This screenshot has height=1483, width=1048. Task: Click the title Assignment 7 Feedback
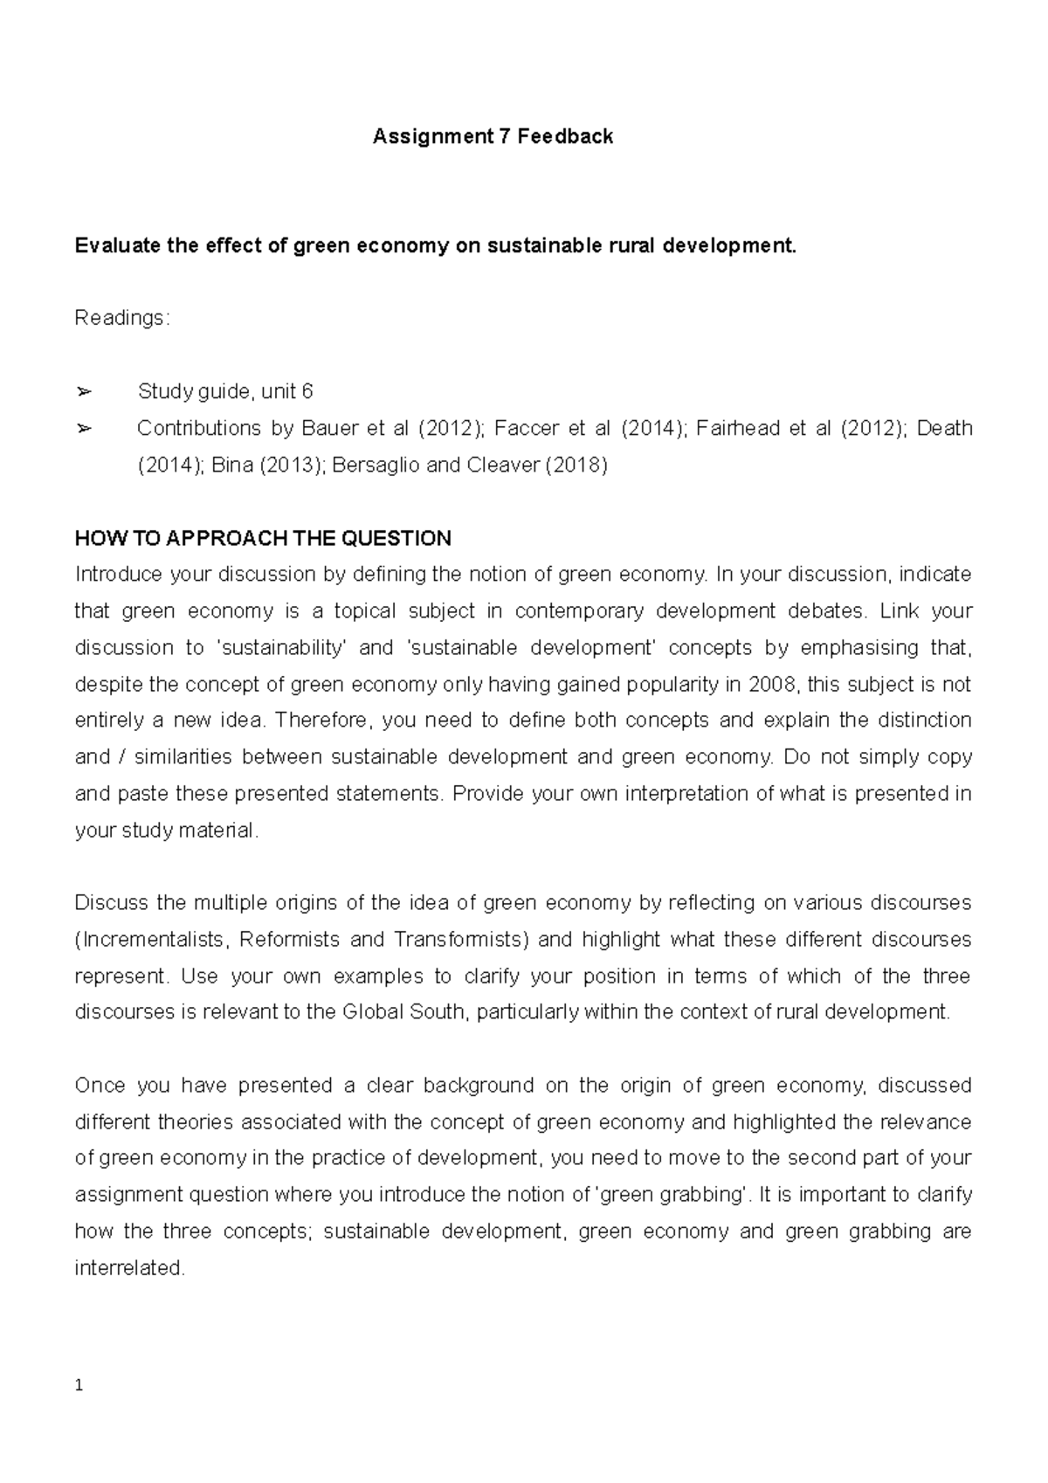(x=493, y=136)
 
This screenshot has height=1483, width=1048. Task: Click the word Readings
(x=120, y=319)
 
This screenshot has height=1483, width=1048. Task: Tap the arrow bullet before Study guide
(x=84, y=391)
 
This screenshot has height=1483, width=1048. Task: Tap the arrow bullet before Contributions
(x=84, y=428)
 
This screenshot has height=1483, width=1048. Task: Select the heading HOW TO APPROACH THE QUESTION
(x=263, y=538)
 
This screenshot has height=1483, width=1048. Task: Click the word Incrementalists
(x=154, y=940)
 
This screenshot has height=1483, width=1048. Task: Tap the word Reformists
(x=289, y=940)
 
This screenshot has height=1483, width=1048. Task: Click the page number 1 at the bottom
(x=79, y=1386)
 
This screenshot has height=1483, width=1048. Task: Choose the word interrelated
(x=130, y=1268)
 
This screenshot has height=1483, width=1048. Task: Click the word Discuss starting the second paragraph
(x=113, y=903)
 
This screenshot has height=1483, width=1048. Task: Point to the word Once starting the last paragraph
(x=100, y=1086)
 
